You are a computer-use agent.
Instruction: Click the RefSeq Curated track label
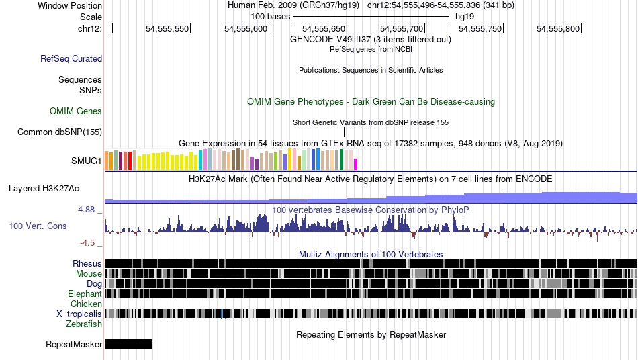(x=71, y=59)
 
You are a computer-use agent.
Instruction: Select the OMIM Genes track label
(x=76, y=111)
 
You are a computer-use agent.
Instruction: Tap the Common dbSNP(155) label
(x=60, y=132)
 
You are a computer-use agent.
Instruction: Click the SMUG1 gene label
(x=87, y=161)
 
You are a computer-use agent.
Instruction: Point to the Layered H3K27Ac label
(x=44, y=189)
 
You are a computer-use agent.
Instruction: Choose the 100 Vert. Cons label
(x=38, y=226)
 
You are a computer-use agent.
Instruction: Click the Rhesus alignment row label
(x=87, y=263)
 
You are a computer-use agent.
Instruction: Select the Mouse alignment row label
(x=89, y=273)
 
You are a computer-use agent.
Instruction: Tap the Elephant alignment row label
(x=85, y=294)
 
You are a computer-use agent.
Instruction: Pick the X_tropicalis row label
(x=79, y=314)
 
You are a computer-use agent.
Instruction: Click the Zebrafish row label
(x=84, y=324)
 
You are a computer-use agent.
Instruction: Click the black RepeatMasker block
(x=128, y=345)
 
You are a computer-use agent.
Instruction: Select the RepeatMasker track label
(x=74, y=345)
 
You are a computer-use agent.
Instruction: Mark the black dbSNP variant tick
(x=345, y=132)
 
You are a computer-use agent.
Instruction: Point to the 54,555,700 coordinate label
(x=402, y=28)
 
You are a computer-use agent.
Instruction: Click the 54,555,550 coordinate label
(x=168, y=28)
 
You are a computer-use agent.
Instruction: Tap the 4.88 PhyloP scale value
(x=87, y=210)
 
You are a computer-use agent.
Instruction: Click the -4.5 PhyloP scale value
(x=88, y=243)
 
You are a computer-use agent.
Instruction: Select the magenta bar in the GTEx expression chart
(x=356, y=164)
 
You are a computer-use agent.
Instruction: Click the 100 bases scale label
(x=270, y=16)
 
